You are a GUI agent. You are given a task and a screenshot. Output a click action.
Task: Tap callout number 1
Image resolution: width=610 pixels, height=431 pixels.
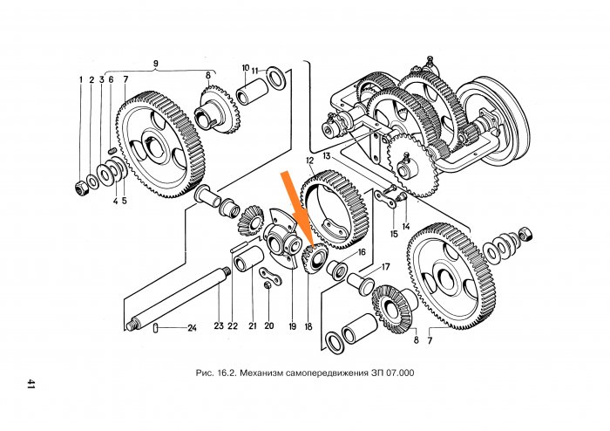tap(80, 80)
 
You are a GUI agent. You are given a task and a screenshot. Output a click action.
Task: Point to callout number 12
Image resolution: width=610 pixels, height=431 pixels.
tap(309, 161)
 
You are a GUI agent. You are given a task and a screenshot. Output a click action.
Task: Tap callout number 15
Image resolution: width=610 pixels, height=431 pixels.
tap(394, 234)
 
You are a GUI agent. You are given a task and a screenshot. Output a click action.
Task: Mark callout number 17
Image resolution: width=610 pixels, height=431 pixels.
tap(385, 267)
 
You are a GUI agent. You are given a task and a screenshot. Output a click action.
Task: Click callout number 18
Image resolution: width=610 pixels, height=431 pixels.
tap(308, 326)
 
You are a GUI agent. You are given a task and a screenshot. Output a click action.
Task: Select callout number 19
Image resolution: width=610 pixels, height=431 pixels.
tap(292, 326)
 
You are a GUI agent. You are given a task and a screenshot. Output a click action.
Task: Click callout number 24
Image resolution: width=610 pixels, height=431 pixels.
tap(192, 328)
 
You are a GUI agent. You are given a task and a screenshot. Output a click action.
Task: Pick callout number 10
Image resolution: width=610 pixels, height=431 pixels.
tap(246, 66)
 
